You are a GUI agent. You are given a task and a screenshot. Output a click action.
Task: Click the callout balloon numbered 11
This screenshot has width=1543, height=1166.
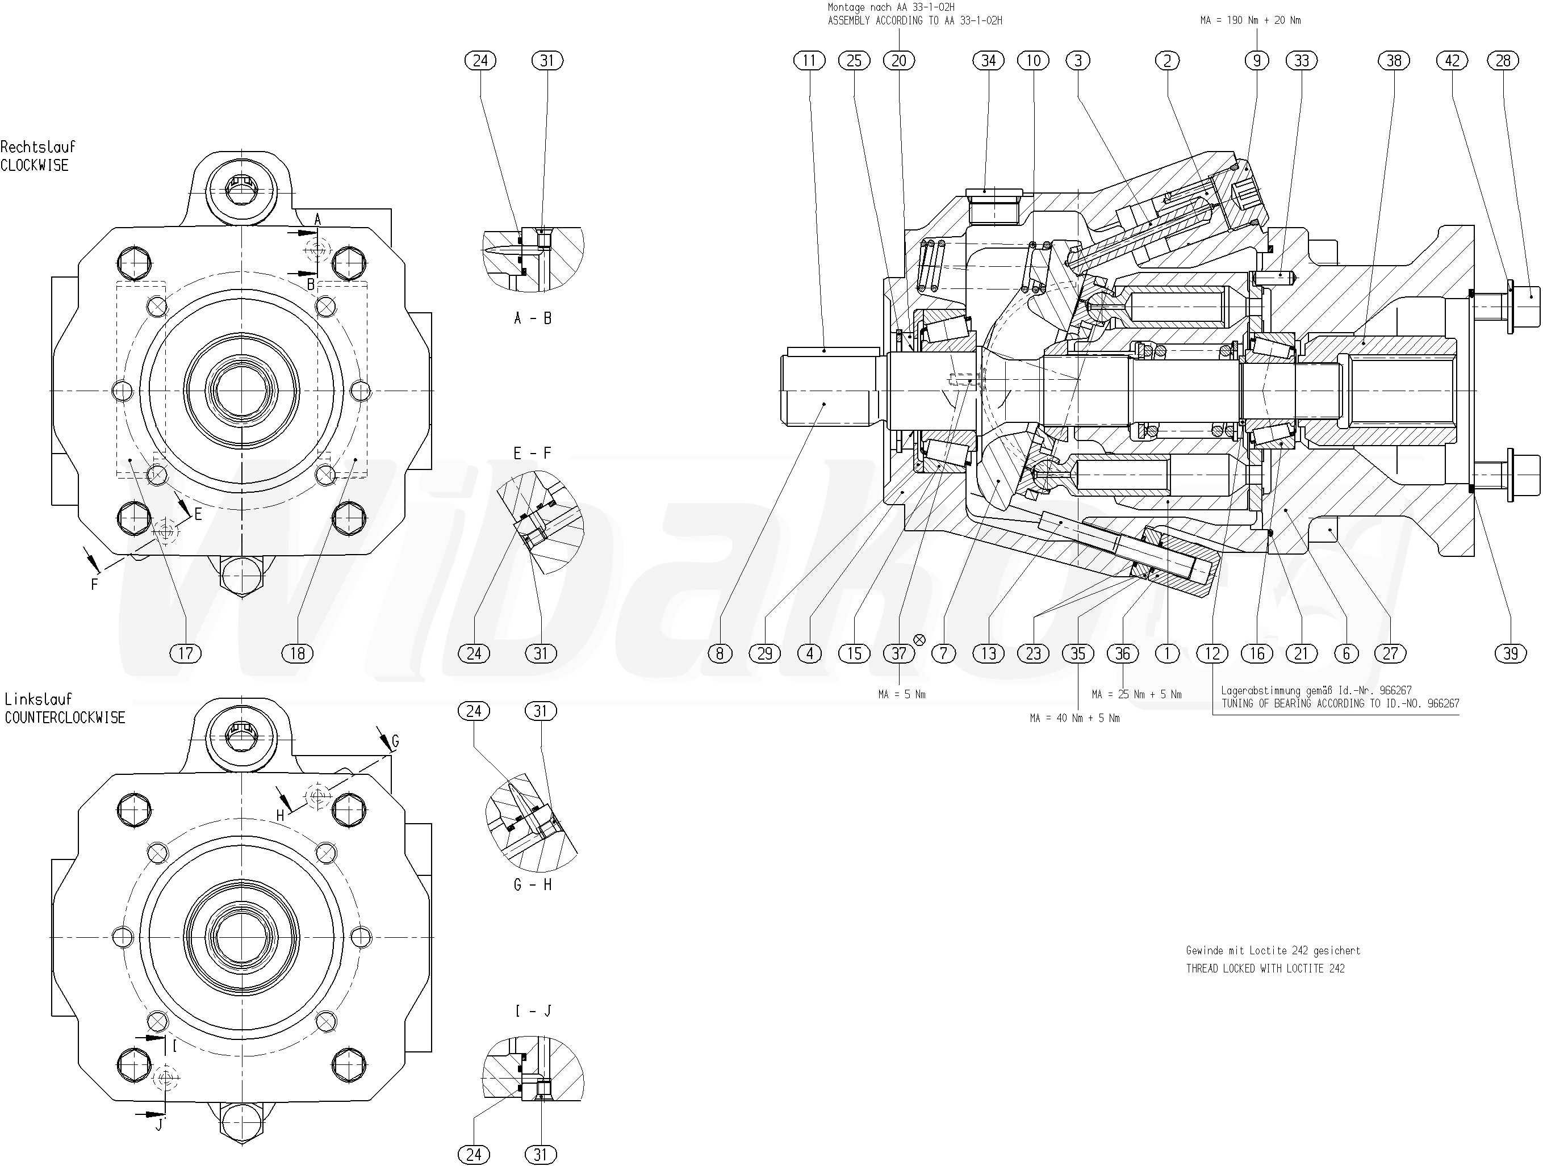click(809, 61)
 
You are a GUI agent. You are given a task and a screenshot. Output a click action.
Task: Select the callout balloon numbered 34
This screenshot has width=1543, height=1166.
click(989, 61)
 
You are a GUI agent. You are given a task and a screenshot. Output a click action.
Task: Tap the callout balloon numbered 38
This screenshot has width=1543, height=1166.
click(1394, 61)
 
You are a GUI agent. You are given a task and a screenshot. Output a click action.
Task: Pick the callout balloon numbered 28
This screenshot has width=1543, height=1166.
click(1503, 61)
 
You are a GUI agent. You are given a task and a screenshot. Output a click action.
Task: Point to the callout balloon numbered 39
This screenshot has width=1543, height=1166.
click(1511, 653)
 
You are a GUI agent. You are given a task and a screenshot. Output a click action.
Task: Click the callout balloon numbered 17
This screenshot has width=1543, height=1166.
click(186, 653)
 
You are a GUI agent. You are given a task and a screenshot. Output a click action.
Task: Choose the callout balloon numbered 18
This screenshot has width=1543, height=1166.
click(298, 653)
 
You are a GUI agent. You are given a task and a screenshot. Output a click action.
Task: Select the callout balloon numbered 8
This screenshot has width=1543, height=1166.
click(720, 653)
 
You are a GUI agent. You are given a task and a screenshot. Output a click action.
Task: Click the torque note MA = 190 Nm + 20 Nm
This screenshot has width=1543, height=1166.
click(1250, 20)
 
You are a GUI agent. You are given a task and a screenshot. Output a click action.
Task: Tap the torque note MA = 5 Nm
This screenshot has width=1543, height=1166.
click(902, 695)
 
